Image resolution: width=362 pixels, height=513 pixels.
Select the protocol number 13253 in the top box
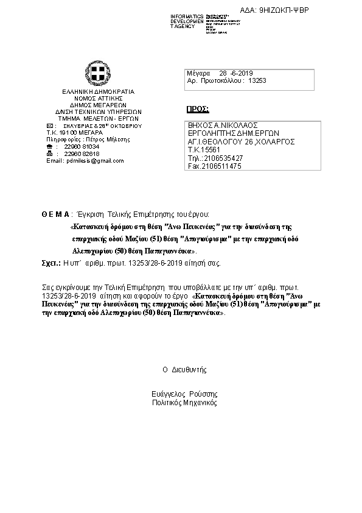point(257,80)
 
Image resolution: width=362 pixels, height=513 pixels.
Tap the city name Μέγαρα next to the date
point(199,73)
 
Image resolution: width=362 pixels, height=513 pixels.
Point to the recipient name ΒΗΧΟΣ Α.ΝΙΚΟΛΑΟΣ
point(220,124)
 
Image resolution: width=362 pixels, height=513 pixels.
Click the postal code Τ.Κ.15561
point(203,149)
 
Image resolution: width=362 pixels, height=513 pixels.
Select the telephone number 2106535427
point(224,158)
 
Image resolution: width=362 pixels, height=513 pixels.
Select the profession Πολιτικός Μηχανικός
point(184,403)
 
